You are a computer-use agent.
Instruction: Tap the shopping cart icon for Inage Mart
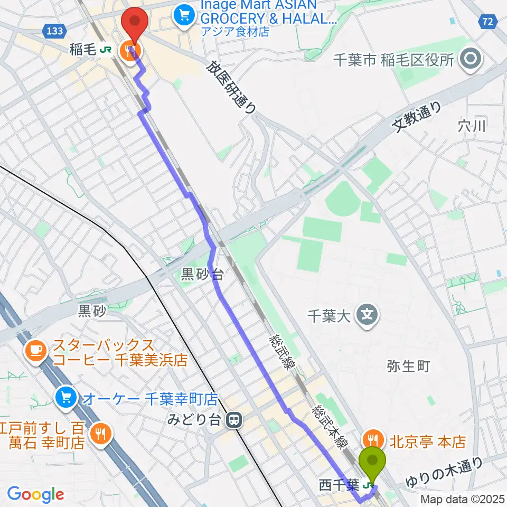tap(185, 13)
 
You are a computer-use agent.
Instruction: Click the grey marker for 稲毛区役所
tap(470, 59)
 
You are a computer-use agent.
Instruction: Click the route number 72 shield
tap(489, 22)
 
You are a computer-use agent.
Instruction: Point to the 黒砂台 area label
tap(203, 274)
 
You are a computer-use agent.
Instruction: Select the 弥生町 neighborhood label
tap(408, 365)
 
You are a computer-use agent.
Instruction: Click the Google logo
tap(35, 495)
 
